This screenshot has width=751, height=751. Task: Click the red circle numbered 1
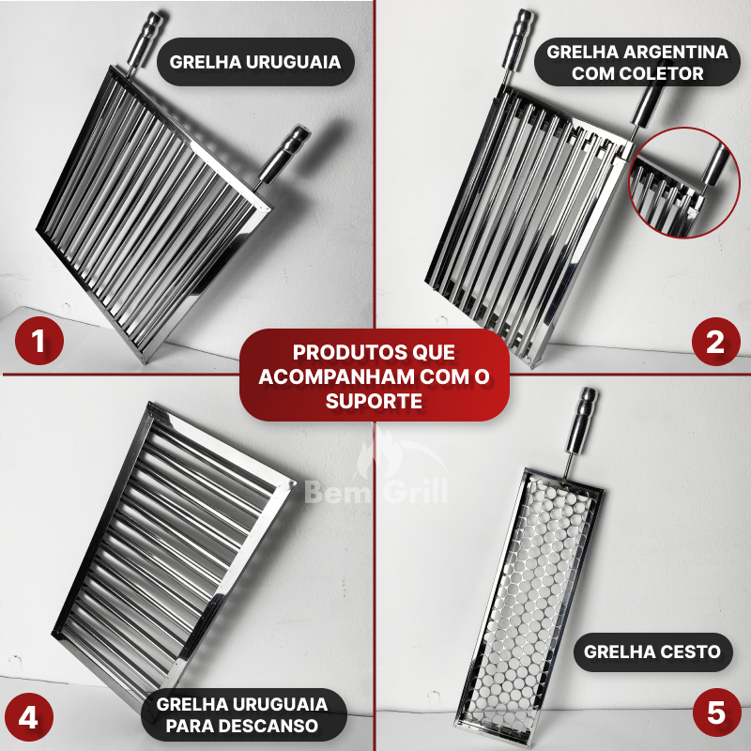[x=39, y=341]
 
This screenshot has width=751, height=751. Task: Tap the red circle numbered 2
[x=715, y=342]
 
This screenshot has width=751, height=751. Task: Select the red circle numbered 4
[x=29, y=717]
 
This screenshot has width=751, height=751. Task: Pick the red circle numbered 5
[x=717, y=713]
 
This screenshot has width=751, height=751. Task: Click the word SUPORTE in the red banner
[x=374, y=401]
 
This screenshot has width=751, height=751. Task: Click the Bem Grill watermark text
[x=376, y=492]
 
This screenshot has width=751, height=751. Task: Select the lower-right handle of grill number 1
[x=284, y=155]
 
